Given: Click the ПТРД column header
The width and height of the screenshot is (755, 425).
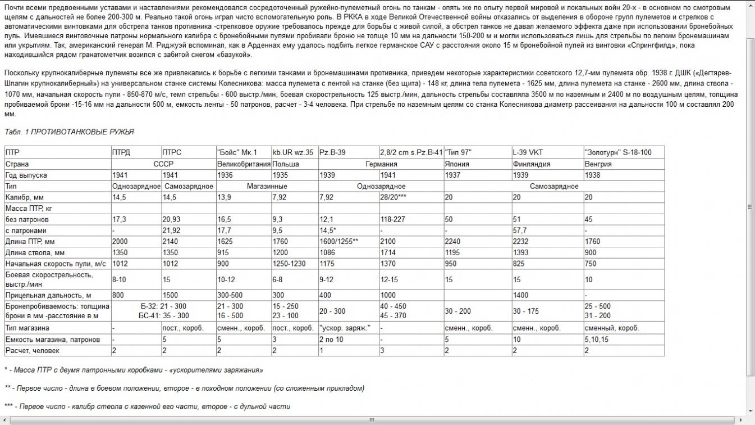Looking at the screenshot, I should click(121, 152).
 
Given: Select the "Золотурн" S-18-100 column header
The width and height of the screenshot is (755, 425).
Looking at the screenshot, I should click(618, 152).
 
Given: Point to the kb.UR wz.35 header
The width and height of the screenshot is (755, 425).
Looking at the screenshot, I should click(292, 152).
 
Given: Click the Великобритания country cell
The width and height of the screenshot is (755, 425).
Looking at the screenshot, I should click(242, 164).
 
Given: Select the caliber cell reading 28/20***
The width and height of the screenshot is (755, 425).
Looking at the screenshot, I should click(393, 197).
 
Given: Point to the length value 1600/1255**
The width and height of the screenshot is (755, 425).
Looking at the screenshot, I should click(339, 241).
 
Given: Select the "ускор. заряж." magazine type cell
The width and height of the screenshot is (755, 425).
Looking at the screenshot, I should click(344, 328).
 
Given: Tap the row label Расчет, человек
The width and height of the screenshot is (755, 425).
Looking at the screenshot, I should click(32, 350).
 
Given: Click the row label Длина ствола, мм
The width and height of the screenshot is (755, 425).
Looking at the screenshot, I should click(35, 252).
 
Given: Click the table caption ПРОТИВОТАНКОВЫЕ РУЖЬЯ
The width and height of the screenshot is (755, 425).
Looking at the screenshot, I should click(82, 132).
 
